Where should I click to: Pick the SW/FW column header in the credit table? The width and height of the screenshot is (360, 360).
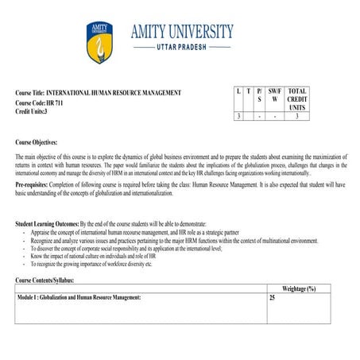pos(275,95)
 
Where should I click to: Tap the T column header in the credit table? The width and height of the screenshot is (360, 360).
pos(249,91)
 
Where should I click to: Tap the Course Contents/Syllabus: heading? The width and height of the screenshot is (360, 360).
pos(50,280)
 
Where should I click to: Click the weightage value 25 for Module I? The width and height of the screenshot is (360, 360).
pos(273,296)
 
